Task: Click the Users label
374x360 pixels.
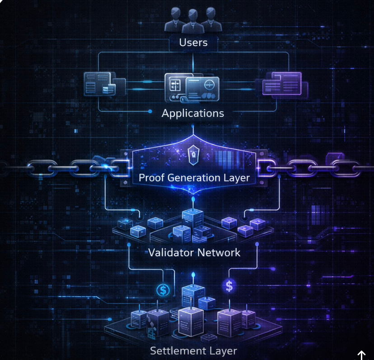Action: click(193, 43)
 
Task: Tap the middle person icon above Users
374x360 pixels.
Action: click(193, 20)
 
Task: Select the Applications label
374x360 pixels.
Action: click(193, 113)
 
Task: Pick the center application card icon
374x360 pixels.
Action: click(192, 87)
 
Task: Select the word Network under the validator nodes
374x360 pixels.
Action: click(219, 252)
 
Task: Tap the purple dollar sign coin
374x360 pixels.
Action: click(229, 286)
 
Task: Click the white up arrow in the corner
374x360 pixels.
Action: click(361, 355)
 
